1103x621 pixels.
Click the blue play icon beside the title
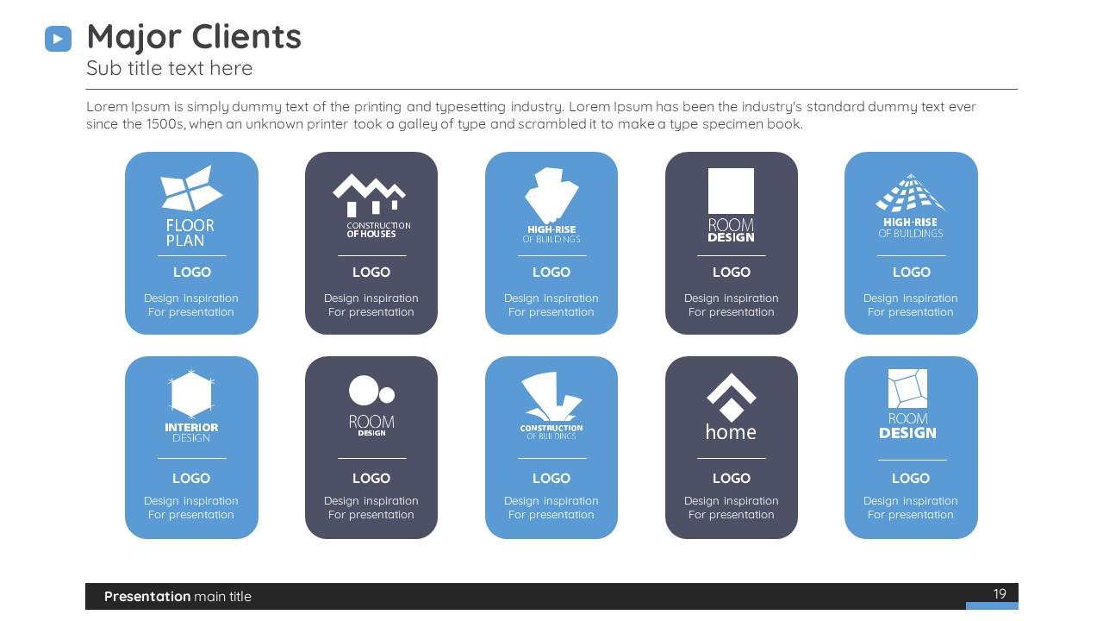pyautogui.click(x=58, y=39)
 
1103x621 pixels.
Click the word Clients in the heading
pyautogui.click(x=246, y=36)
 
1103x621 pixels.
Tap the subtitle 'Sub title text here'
pyautogui.click(x=170, y=68)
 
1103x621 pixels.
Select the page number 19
pyautogui.click(x=1000, y=594)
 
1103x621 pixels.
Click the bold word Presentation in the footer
pyautogui.click(x=147, y=596)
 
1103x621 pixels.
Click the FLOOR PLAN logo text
pyautogui.click(x=190, y=233)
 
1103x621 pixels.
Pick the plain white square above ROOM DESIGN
pyautogui.click(x=731, y=191)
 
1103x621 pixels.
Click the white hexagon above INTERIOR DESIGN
pyautogui.click(x=191, y=394)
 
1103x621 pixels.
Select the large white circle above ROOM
pyautogui.click(x=364, y=391)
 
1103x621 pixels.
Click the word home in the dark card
pyautogui.click(x=731, y=432)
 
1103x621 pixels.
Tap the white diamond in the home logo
pyautogui.click(x=732, y=410)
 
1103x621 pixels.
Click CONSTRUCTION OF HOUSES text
pyautogui.click(x=378, y=229)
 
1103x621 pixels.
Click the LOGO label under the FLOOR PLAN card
pyautogui.click(x=192, y=272)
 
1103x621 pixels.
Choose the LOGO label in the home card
pyautogui.click(x=732, y=478)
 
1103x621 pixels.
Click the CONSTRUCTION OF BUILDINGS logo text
pyautogui.click(x=551, y=432)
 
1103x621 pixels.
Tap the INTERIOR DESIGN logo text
pyautogui.click(x=191, y=432)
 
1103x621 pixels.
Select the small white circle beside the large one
pyautogui.click(x=387, y=395)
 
